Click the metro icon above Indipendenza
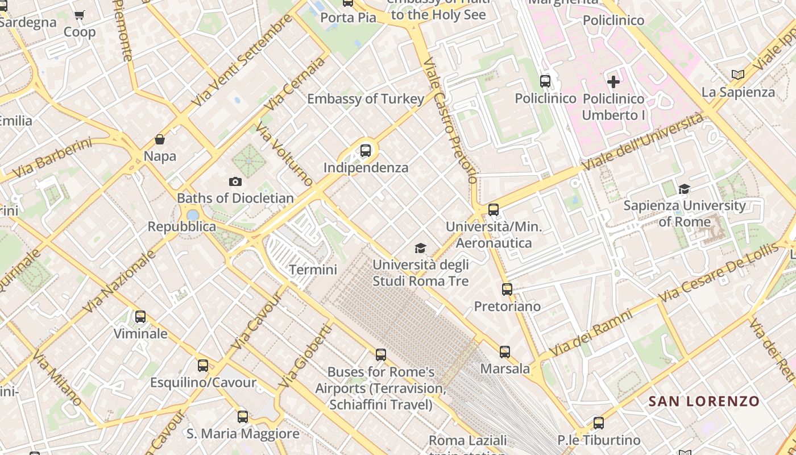point(366,151)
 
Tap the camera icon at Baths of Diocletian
point(235,182)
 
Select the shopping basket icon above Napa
point(160,139)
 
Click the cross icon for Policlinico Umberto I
point(613,82)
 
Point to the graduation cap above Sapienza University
point(684,189)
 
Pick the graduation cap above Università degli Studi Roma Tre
point(420,248)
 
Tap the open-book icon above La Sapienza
point(737,75)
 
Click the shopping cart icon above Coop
point(79,15)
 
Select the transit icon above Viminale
point(140,317)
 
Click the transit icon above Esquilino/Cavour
point(203,366)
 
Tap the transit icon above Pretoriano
point(507,289)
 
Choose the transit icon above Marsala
point(505,352)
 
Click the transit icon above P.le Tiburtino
point(598,423)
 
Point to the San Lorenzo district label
point(704,401)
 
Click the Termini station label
point(313,270)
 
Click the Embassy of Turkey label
point(366,99)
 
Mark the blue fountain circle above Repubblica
point(193,215)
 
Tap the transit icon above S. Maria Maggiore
point(243,417)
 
